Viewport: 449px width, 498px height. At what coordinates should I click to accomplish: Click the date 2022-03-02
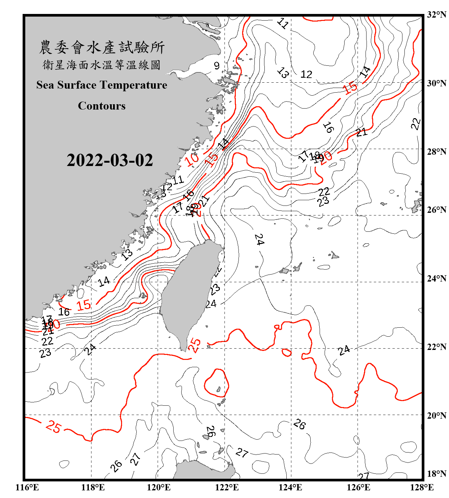point(110,160)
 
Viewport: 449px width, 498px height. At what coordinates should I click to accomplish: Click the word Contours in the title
point(102,106)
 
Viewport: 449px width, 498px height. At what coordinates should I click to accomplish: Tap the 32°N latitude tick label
point(437,15)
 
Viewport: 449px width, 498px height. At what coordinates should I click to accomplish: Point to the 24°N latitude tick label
point(437,278)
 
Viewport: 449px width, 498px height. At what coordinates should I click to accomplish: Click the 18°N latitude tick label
point(437,473)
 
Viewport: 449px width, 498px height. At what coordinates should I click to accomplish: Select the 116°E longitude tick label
point(27,487)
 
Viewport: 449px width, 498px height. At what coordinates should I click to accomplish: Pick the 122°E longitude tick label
point(227,487)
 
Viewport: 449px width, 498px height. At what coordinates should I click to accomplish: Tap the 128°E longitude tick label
point(422,487)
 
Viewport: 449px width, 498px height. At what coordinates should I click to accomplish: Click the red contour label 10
point(192,159)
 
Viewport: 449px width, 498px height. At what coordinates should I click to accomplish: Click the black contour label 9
point(217,66)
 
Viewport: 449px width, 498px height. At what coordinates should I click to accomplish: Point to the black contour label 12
point(306,74)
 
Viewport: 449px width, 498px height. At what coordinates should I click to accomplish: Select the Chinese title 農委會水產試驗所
point(102,47)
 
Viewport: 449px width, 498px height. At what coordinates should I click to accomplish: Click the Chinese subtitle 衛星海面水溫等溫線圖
point(102,65)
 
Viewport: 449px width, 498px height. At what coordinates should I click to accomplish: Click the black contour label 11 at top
point(283,23)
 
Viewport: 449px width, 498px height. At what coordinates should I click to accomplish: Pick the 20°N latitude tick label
point(437,415)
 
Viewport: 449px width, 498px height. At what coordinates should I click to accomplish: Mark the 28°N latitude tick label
point(437,151)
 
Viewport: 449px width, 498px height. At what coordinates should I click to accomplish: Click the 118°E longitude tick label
point(93,487)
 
